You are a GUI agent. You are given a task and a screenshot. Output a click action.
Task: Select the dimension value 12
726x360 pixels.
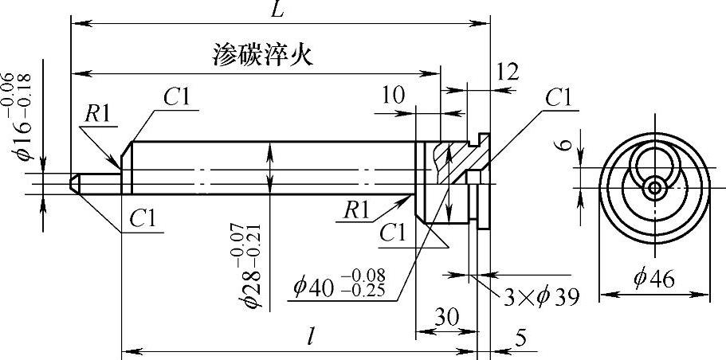[506, 72]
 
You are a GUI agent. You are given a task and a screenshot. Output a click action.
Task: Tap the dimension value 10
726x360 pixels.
[392, 96]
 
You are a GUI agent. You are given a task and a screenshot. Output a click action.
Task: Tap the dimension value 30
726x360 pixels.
[446, 316]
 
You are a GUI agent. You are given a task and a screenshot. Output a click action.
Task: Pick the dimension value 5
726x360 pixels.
[520, 338]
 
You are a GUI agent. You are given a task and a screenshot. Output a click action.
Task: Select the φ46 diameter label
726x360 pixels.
[654, 280]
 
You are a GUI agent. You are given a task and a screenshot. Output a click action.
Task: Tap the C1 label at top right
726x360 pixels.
[559, 97]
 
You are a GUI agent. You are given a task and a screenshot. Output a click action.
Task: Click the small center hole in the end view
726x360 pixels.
[655, 188]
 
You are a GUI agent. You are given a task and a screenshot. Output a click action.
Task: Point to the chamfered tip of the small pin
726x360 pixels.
[75, 182]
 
